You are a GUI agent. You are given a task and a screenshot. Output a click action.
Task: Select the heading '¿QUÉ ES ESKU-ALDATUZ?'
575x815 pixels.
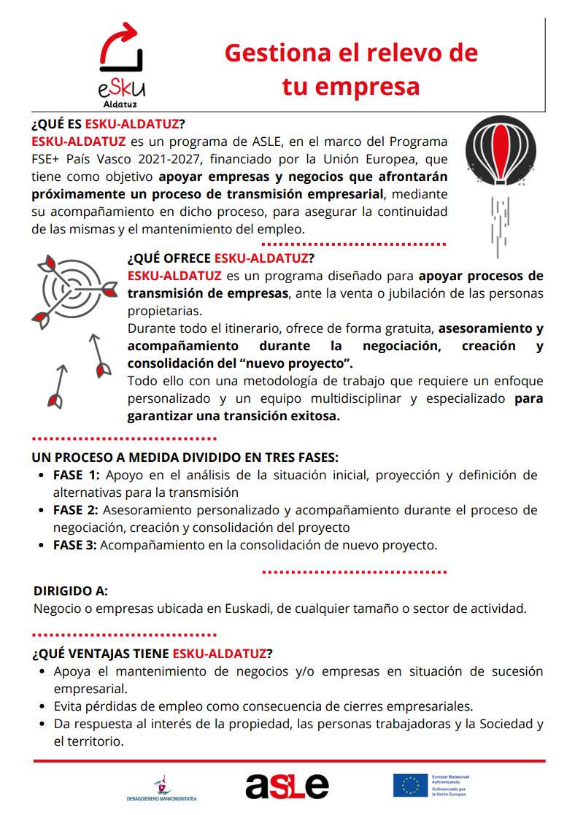(x=109, y=123)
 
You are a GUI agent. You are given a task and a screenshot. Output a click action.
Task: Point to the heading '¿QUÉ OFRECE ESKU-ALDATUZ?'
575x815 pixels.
(x=221, y=258)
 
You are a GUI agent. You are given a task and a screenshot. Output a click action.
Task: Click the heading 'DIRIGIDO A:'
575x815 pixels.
(x=71, y=591)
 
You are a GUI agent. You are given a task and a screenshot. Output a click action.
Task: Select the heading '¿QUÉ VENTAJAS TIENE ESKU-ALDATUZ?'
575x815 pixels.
(x=153, y=652)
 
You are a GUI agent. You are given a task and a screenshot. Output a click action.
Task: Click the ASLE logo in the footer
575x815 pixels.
(x=287, y=785)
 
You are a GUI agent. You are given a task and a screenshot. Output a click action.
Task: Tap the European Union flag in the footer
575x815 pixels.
(x=411, y=785)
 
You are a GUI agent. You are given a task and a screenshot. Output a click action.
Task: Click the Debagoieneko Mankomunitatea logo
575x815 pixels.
(x=162, y=788)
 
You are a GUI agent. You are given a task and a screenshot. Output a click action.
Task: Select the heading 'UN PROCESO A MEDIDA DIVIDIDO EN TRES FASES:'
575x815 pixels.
(x=185, y=457)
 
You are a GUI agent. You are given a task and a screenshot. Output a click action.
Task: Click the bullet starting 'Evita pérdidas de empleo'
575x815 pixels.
(x=263, y=706)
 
